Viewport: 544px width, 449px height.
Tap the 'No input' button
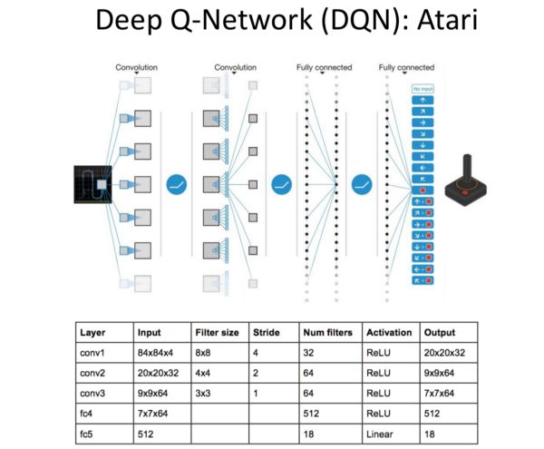coord(421,89)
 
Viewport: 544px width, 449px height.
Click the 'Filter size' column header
coord(218,333)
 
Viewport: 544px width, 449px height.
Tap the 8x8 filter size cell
coord(205,354)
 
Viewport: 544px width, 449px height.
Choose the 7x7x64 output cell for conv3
coord(441,393)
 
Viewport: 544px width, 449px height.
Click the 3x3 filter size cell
coord(205,393)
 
